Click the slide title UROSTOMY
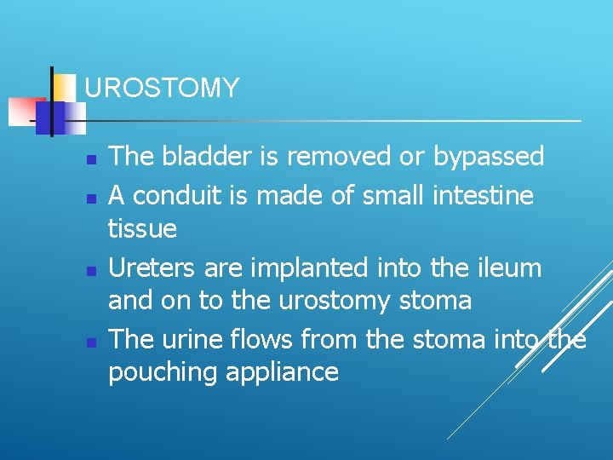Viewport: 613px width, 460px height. (162, 88)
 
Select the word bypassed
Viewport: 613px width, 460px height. (488, 156)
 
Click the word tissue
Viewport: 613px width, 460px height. (142, 228)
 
